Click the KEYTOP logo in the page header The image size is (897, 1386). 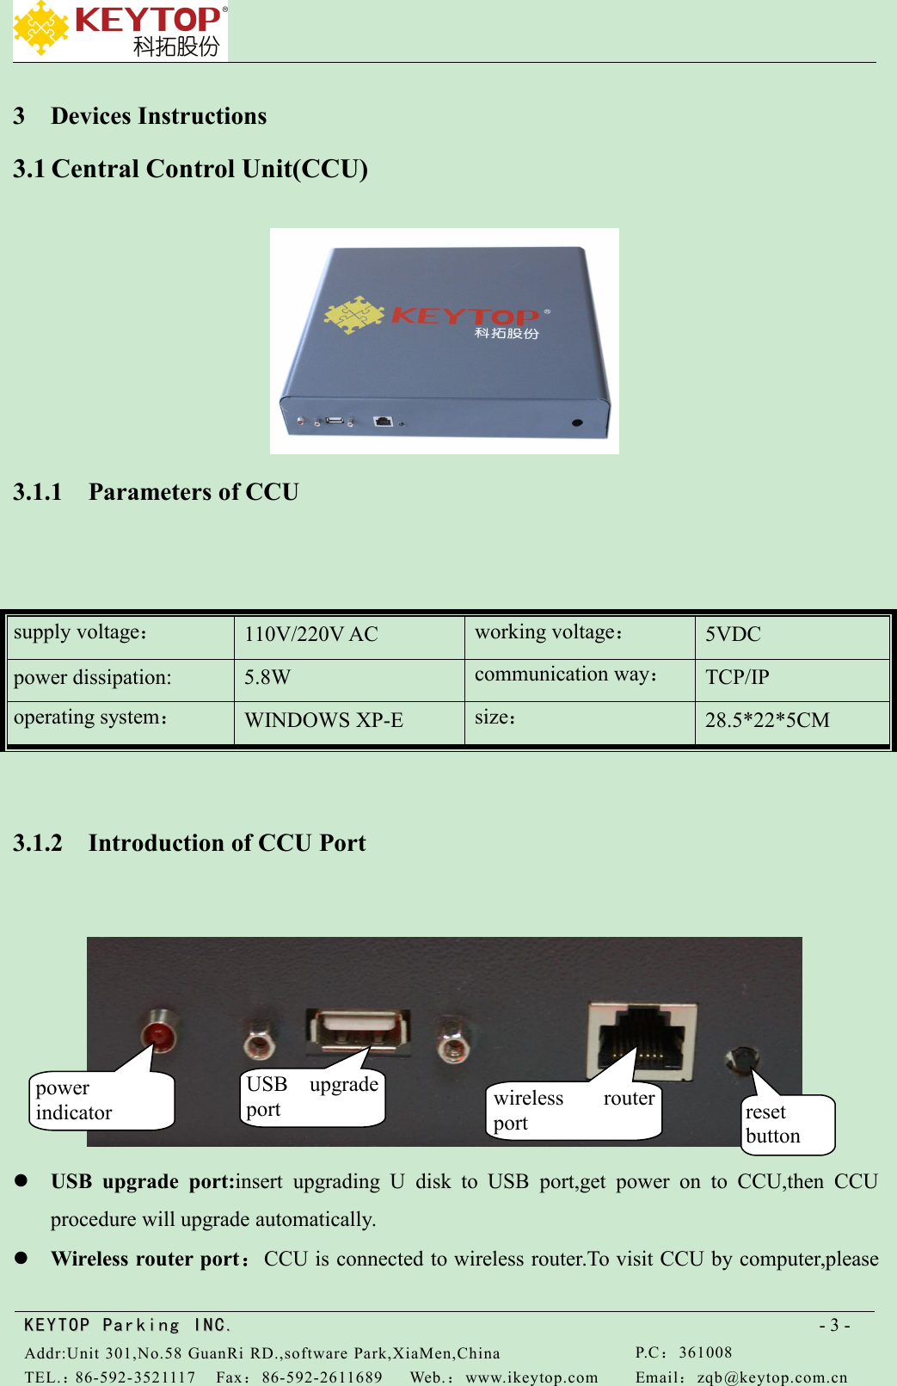[x=120, y=31]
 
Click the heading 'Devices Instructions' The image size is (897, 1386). [x=158, y=116]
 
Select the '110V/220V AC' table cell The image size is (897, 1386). [x=311, y=635]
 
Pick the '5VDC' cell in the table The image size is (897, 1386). [x=733, y=635]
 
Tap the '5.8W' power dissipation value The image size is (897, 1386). [x=267, y=678]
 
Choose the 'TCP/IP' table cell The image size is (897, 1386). [x=737, y=678]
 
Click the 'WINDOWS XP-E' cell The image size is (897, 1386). [x=324, y=720]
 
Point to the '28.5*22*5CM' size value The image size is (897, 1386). [x=767, y=720]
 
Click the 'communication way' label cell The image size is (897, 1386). [x=566, y=675]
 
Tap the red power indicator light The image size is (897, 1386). [x=158, y=1032]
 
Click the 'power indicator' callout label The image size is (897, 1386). [x=101, y=1100]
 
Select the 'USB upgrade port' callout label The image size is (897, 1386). [x=312, y=1097]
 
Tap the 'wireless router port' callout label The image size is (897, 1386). [x=574, y=1111]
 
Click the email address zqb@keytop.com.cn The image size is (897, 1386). [x=771, y=1377]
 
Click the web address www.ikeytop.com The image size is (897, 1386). [x=531, y=1377]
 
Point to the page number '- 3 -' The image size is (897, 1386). [x=834, y=1325]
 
